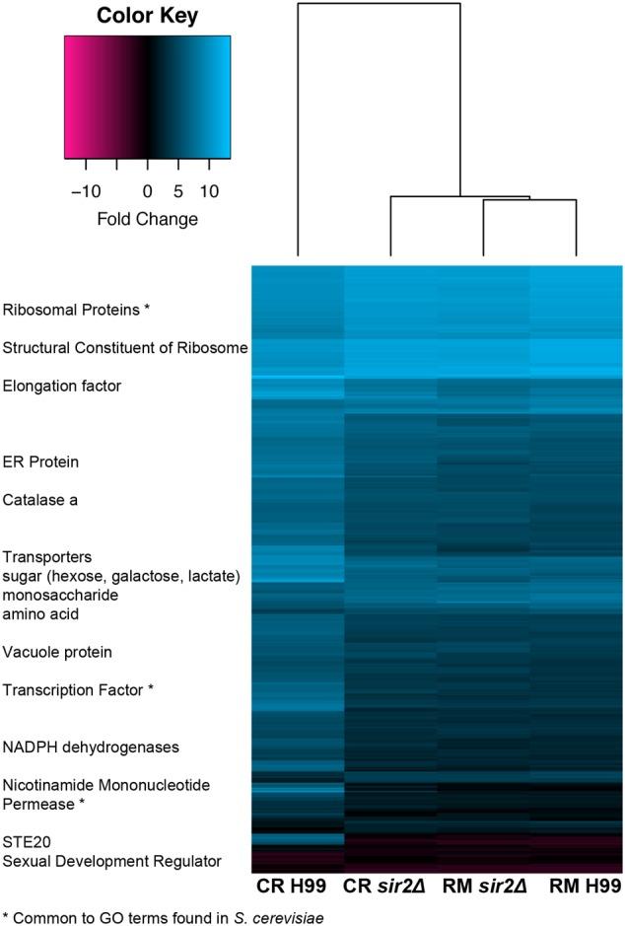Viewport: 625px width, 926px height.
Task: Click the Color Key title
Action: pyautogui.click(x=147, y=17)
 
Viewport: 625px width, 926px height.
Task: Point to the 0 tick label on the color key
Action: pyautogui.click(x=148, y=190)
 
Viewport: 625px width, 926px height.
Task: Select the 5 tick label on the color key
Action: pyautogui.click(x=178, y=190)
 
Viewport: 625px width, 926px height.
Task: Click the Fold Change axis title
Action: pyautogui.click(x=147, y=219)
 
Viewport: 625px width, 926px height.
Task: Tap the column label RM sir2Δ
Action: pyautogui.click(x=483, y=888)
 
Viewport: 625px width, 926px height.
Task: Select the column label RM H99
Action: pyautogui.click(x=576, y=888)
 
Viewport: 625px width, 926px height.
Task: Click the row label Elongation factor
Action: pyautogui.click(x=61, y=386)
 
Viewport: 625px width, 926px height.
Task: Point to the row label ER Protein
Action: pyautogui.click(x=40, y=462)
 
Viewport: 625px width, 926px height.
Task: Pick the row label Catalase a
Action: pyautogui.click(x=41, y=500)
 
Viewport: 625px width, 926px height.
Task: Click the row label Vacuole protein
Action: pyautogui.click(x=57, y=652)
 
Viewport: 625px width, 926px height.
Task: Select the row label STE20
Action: pyautogui.click(x=27, y=841)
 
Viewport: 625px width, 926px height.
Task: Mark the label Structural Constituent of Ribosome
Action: pyautogui.click(x=125, y=347)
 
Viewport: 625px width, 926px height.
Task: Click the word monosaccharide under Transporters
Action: pyautogui.click(x=60, y=596)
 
